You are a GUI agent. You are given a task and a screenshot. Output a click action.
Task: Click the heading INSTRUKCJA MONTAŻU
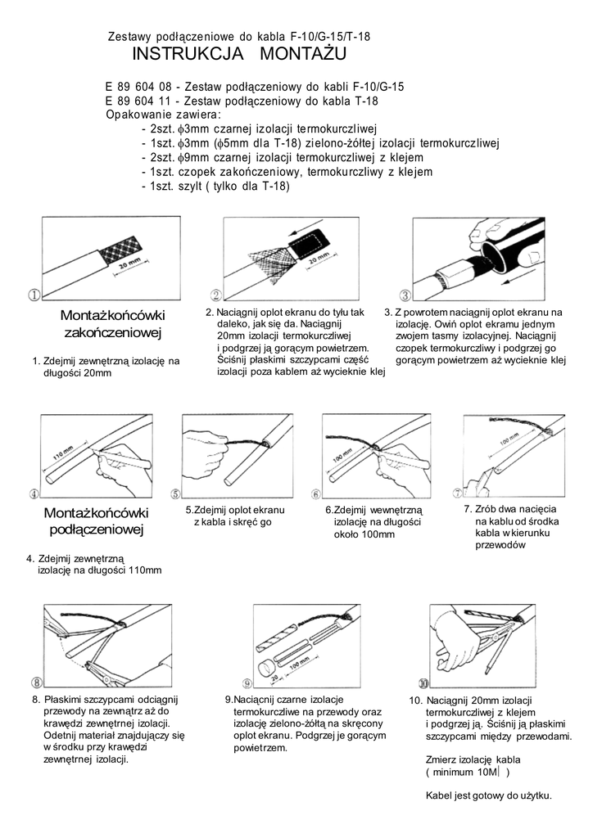[x=239, y=55]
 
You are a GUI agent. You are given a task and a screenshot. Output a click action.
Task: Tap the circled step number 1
[x=35, y=295]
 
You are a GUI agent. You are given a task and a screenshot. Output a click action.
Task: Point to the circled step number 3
[x=404, y=295]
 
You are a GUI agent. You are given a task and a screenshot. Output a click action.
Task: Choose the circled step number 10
[x=423, y=682]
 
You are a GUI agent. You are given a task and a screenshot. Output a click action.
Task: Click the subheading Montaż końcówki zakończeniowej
[x=113, y=324]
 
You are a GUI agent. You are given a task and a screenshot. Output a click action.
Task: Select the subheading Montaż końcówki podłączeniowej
[x=96, y=521]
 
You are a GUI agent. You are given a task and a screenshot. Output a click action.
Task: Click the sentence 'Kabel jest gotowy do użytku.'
[x=489, y=795]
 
